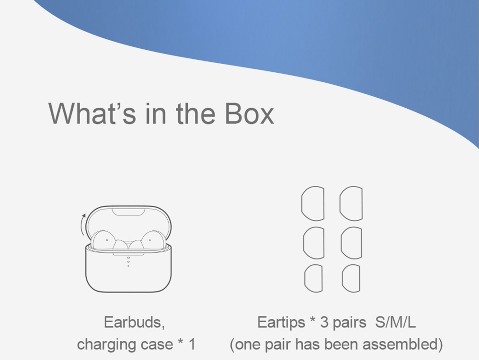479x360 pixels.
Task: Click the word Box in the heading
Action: point(249,113)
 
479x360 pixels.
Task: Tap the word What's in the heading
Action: point(92,113)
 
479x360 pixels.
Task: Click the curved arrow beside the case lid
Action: point(83,225)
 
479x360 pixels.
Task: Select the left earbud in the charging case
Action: point(104,240)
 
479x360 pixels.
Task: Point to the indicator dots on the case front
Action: point(128,262)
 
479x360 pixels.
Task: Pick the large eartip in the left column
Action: point(313,203)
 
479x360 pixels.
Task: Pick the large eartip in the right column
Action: point(351,203)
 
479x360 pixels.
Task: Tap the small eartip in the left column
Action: point(313,279)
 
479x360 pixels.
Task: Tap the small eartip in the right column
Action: point(351,279)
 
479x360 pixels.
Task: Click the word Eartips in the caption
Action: point(281,322)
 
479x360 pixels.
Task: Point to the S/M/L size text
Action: point(396,322)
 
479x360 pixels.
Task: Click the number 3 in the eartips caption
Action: point(324,322)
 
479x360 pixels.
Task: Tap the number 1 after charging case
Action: point(192,344)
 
